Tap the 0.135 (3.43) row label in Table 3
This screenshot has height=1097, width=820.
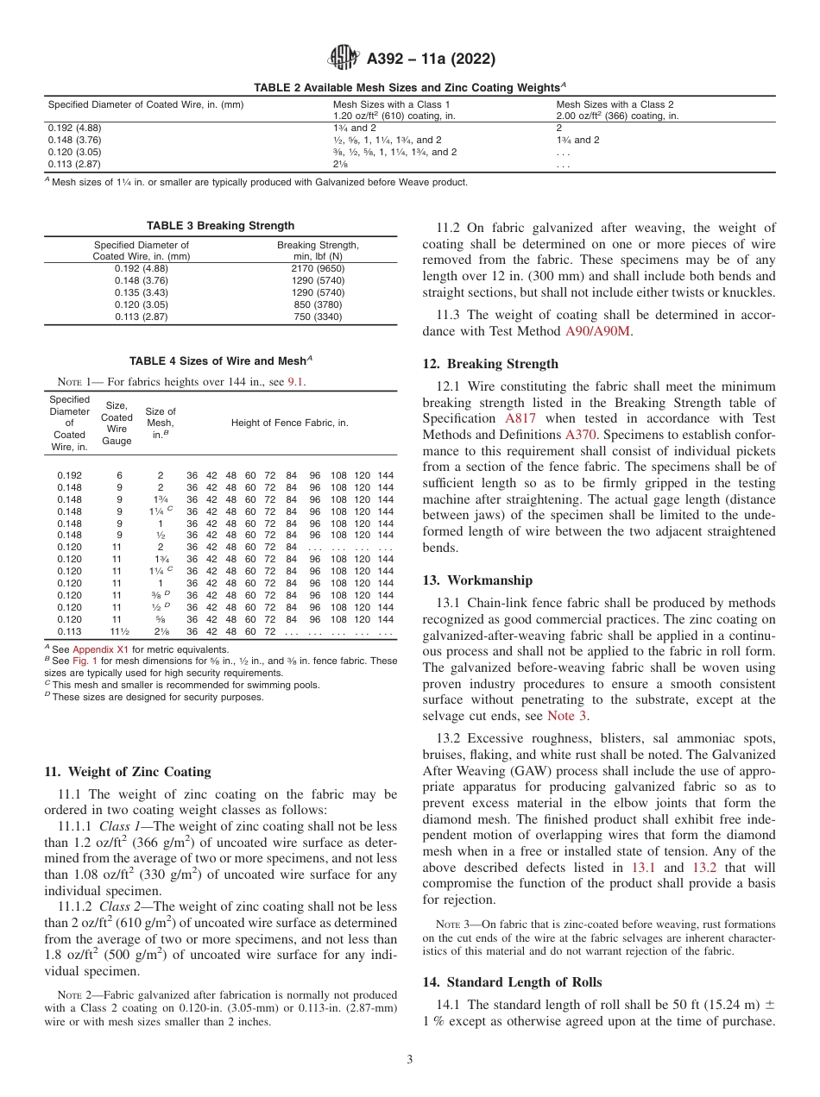tap(141, 292)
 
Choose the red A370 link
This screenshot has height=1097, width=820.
tap(580, 436)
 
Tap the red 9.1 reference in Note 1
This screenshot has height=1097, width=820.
tap(295, 382)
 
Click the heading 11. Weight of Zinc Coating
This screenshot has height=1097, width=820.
tap(127, 772)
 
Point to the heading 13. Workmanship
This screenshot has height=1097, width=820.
tap(477, 580)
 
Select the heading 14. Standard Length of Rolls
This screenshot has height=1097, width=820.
tap(512, 982)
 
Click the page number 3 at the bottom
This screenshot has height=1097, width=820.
tap(410, 1060)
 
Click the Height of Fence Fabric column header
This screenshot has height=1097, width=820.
tap(289, 423)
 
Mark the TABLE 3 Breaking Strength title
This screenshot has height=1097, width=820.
tap(220, 226)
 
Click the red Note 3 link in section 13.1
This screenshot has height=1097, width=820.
tap(568, 715)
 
